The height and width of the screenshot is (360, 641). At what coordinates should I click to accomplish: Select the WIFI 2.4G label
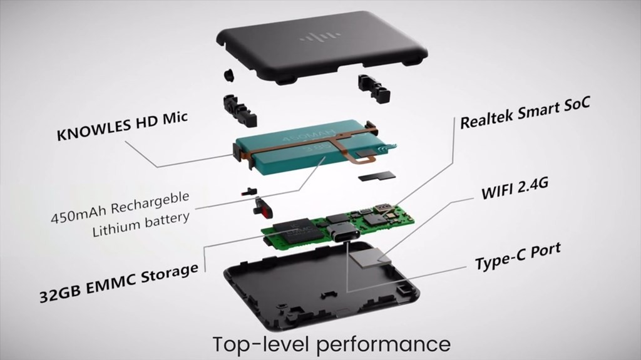(515, 188)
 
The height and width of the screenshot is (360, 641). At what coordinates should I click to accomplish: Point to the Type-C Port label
(518, 256)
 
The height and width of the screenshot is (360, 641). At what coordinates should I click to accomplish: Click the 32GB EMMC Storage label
(119, 282)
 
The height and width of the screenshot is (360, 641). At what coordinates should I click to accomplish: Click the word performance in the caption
(384, 344)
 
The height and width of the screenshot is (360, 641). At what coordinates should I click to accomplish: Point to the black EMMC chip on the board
(294, 231)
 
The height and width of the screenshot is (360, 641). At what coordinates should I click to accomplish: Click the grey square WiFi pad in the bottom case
(369, 259)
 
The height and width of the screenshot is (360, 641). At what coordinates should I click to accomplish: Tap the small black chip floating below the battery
(376, 177)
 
